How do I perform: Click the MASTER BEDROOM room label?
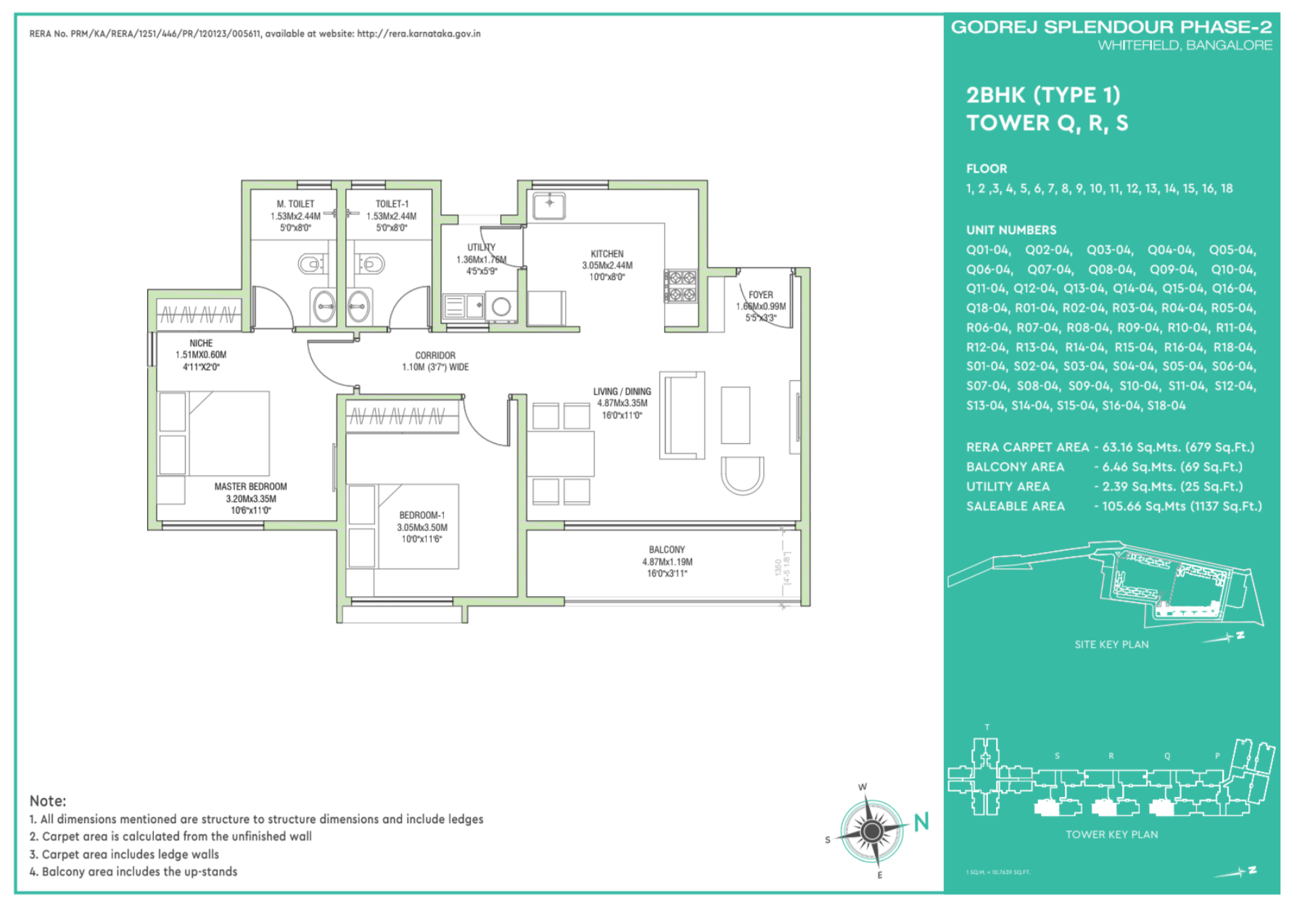tap(250, 487)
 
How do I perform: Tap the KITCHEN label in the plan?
tap(607, 254)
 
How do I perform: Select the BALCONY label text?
tap(667, 550)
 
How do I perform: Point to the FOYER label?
tap(761, 295)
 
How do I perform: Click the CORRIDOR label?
tap(435, 355)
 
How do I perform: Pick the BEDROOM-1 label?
tap(421, 516)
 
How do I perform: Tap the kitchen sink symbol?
tap(549, 205)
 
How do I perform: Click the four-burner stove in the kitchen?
tap(680, 286)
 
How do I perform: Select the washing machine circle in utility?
tap(501, 307)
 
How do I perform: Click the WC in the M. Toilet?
tap(312, 263)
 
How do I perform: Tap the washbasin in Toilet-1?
tap(359, 306)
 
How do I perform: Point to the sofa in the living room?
tap(681, 415)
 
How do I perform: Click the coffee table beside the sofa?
tap(735, 415)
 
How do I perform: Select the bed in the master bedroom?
tap(214, 434)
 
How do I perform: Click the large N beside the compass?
tap(921, 822)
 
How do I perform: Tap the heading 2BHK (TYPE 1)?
tap(1042, 95)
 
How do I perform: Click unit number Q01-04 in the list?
tap(987, 250)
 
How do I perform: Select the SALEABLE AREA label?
tap(1015, 506)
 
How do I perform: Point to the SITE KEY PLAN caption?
tap(1111, 645)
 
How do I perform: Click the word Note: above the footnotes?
tap(48, 801)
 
